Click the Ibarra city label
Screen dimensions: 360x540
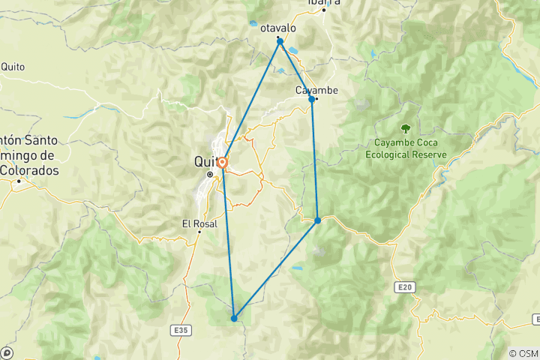click(x=324, y=2)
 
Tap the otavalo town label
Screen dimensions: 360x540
click(x=278, y=28)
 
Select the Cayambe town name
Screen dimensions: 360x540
click(x=315, y=90)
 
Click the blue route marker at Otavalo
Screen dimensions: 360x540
click(x=280, y=42)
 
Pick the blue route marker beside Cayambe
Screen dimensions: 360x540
click(x=312, y=99)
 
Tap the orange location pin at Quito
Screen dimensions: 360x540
click(x=223, y=162)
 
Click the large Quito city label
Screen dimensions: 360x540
click(x=206, y=161)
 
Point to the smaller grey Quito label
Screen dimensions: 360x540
click(x=13, y=67)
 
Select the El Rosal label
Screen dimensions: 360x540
click(x=199, y=223)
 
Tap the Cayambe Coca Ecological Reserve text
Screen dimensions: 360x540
click(x=406, y=150)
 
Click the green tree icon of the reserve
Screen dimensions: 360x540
click(x=406, y=129)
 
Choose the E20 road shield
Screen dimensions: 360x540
click(x=404, y=287)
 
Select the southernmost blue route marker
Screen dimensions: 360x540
click(x=234, y=318)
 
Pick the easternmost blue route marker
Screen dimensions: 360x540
click(x=318, y=220)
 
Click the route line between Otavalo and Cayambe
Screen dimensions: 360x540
click(x=296, y=70)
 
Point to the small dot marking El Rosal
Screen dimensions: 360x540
click(x=199, y=232)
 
